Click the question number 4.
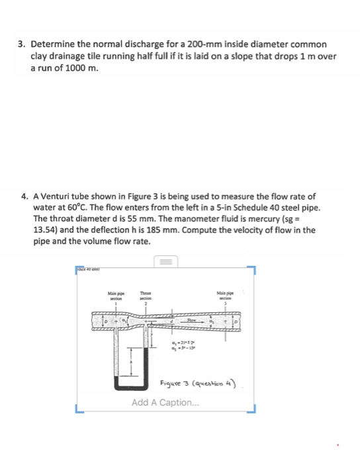point(24,196)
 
